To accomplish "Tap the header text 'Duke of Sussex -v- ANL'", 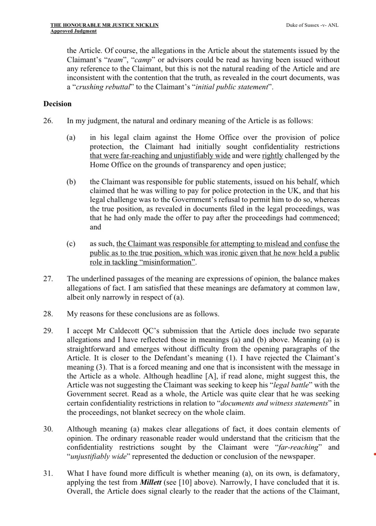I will point(312,25).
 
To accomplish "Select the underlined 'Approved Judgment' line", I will point(73,31).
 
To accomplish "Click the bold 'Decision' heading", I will point(57,104).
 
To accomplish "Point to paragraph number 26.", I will point(48,121).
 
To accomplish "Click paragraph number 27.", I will point(48,279).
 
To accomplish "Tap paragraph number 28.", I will point(48,314).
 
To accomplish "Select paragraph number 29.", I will point(48,331).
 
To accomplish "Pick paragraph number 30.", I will point(48,429).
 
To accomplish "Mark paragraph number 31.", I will point(48,473).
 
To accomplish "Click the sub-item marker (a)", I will point(71,138).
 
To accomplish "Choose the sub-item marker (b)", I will point(71,182).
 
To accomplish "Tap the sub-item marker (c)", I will point(71,244).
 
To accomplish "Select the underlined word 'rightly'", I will point(272,156).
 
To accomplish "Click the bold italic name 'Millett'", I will point(151,482).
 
